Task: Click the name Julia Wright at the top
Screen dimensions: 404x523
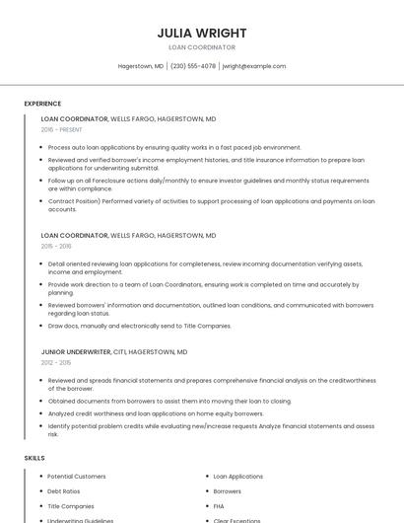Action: [201, 33]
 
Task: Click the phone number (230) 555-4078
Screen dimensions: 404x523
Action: [192, 66]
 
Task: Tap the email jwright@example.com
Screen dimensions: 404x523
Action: [254, 66]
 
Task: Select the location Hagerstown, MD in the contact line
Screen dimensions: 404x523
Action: [141, 66]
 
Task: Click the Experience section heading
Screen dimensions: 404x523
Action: [42, 104]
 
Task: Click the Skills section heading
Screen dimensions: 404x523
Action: [34, 458]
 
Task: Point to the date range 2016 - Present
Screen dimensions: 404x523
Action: [62, 129]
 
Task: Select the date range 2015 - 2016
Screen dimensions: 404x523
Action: [56, 246]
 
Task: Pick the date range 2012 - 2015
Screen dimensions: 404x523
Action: [56, 362]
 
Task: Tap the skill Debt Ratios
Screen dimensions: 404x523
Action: [64, 490]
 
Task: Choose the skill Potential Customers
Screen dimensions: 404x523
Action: [77, 476]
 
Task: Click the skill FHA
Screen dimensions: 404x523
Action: [220, 505]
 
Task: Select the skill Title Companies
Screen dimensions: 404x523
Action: [71, 505]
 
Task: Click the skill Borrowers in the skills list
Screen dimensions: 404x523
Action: [228, 490]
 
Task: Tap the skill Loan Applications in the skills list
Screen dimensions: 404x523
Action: [238, 476]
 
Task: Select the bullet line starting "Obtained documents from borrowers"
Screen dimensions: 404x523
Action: [169, 401]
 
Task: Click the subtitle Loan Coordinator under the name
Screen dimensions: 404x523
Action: [201, 47]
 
